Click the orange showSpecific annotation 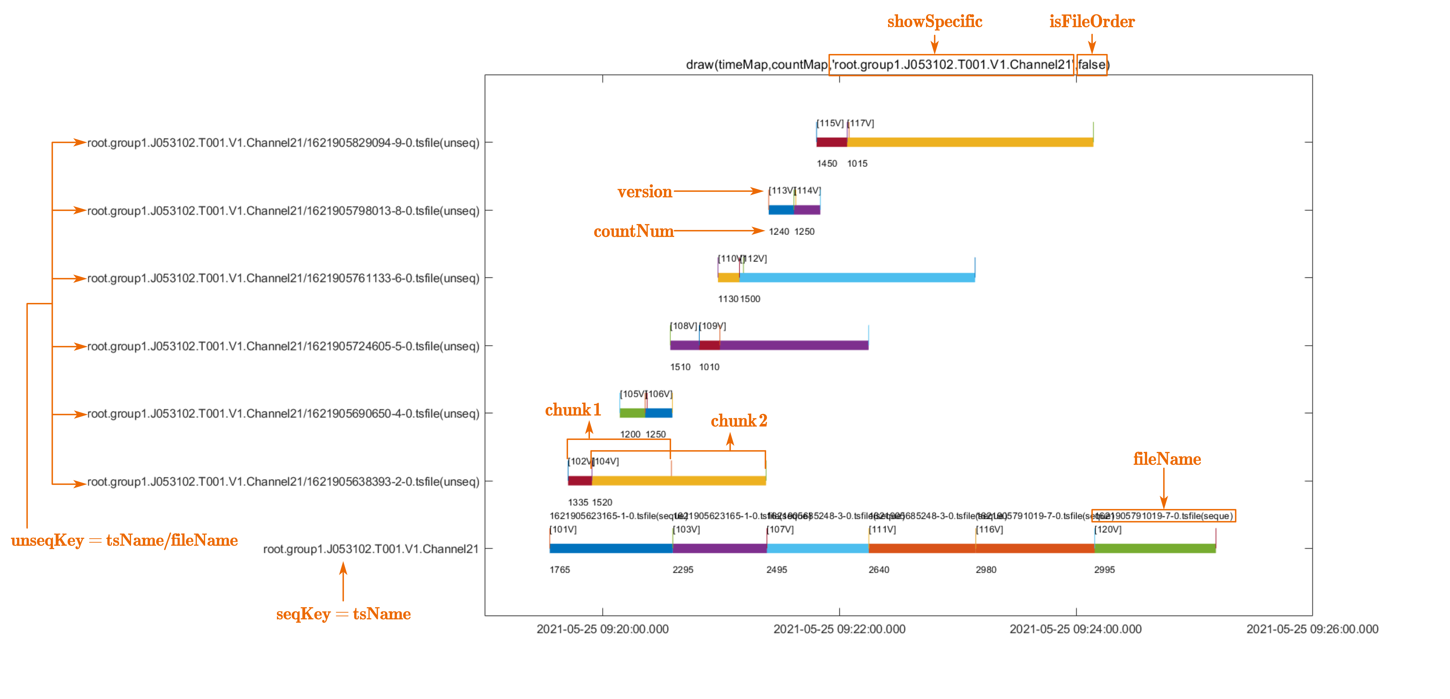click(934, 22)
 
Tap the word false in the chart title click(1091, 65)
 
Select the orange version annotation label click(644, 192)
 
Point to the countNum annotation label click(633, 231)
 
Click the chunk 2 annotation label click(739, 421)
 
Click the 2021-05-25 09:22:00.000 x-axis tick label click(839, 629)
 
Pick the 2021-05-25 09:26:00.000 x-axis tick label click(1312, 629)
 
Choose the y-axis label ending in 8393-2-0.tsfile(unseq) click(283, 482)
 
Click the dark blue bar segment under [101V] click(611, 548)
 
